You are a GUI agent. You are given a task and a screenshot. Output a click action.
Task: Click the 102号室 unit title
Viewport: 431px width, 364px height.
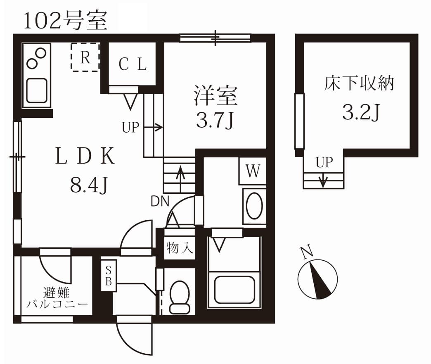65,21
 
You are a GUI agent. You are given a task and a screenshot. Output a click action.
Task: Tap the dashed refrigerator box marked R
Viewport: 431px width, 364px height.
85,57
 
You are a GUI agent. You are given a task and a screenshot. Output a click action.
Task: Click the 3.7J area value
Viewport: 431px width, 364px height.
215,119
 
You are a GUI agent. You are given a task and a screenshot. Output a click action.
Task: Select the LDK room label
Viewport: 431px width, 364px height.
85,157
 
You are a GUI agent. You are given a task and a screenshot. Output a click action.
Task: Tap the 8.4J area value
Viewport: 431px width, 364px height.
89,185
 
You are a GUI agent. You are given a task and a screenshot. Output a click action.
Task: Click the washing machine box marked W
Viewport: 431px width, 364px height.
252,171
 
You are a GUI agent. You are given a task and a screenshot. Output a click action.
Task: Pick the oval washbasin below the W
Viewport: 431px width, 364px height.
253,206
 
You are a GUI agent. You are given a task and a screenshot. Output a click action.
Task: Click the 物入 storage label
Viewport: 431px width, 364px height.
180,248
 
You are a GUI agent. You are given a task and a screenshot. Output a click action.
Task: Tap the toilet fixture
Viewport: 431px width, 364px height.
180,296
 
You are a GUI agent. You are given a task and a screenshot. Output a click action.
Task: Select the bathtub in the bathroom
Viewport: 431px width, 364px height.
234,289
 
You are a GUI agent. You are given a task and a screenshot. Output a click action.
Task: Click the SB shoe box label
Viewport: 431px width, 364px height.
109,276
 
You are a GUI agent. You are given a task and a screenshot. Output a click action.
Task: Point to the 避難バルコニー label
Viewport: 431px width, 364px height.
57,299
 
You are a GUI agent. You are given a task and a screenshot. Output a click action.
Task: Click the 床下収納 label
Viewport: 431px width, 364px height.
359,83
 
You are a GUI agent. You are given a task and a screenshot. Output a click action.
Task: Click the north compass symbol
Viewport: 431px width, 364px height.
317,278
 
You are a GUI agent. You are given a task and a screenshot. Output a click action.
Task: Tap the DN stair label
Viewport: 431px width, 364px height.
160,201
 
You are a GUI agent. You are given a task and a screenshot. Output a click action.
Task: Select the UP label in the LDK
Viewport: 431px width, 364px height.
130,128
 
